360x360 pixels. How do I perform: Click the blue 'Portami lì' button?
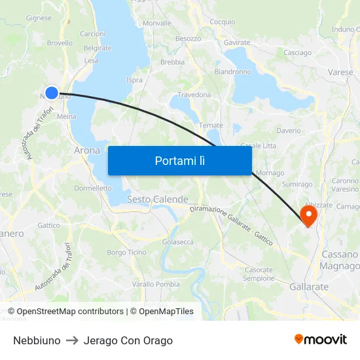click(x=179, y=160)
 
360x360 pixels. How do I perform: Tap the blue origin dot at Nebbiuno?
click(x=52, y=93)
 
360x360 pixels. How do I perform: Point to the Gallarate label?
click(x=309, y=287)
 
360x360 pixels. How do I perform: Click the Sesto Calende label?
click(x=157, y=199)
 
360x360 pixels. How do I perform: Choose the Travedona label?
click(x=194, y=95)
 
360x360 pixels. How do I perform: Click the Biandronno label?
click(x=232, y=72)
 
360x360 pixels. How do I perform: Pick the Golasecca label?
click(x=178, y=242)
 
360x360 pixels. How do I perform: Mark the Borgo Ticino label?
click(x=126, y=253)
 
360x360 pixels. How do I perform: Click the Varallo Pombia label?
click(x=156, y=284)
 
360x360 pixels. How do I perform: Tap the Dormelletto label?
click(x=93, y=188)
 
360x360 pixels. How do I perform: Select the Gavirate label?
click(x=237, y=43)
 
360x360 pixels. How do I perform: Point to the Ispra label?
click(x=134, y=80)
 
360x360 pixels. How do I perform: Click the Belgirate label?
click(x=98, y=48)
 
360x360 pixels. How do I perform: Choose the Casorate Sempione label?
click(x=259, y=274)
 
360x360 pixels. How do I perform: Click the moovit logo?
click(x=321, y=340)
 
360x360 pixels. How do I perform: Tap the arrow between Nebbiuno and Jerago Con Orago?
click(x=72, y=340)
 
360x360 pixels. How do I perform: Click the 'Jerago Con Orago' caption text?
click(x=128, y=340)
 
